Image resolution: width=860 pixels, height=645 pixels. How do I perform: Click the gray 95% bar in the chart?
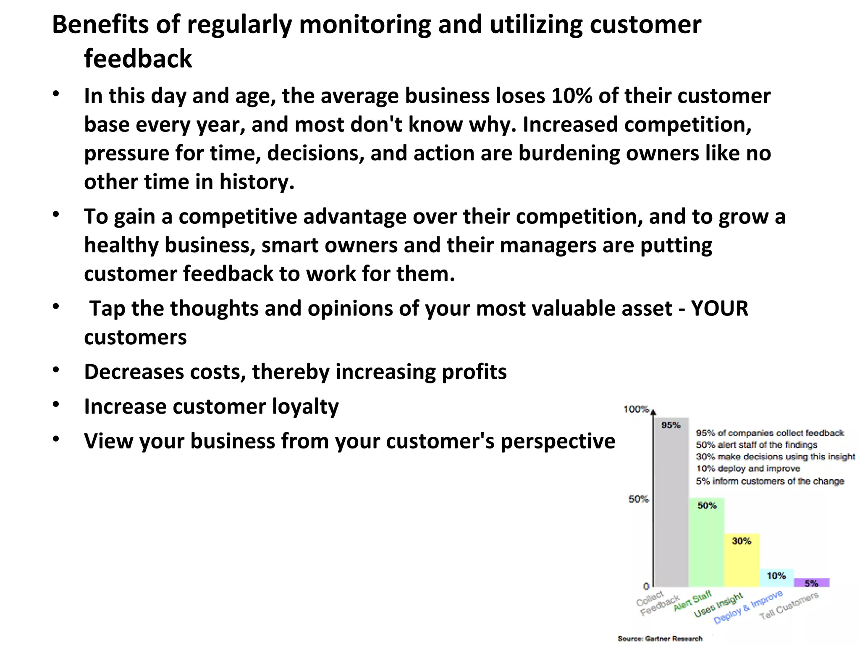[x=671, y=504]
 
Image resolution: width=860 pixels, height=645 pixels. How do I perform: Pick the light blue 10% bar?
[x=776, y=578]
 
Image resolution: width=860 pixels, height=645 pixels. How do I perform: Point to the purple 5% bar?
[x=811, y=583]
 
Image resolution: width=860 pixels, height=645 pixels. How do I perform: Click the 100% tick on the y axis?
[x=637, y=409]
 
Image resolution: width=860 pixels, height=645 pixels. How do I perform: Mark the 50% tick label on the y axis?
[x=639, y=499]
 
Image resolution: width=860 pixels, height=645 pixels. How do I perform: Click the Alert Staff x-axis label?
[x=692, y=601]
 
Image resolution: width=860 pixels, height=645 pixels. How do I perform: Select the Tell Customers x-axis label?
[x=789, y=606]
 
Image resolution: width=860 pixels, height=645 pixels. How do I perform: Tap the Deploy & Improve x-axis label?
[x=748, y=607]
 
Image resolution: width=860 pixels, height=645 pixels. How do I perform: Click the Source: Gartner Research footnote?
[x=660, y=638]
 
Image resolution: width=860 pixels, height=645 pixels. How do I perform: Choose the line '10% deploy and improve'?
[x=748, y=469]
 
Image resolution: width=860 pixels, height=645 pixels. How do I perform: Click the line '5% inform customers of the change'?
[x=770, y=481]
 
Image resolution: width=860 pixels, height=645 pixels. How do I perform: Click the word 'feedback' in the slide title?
[x=138, y=58]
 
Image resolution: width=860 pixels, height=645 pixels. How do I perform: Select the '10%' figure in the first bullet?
[x=572, y=96]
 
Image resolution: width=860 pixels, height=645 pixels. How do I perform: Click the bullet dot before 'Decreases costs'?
[x=56, y=370]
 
